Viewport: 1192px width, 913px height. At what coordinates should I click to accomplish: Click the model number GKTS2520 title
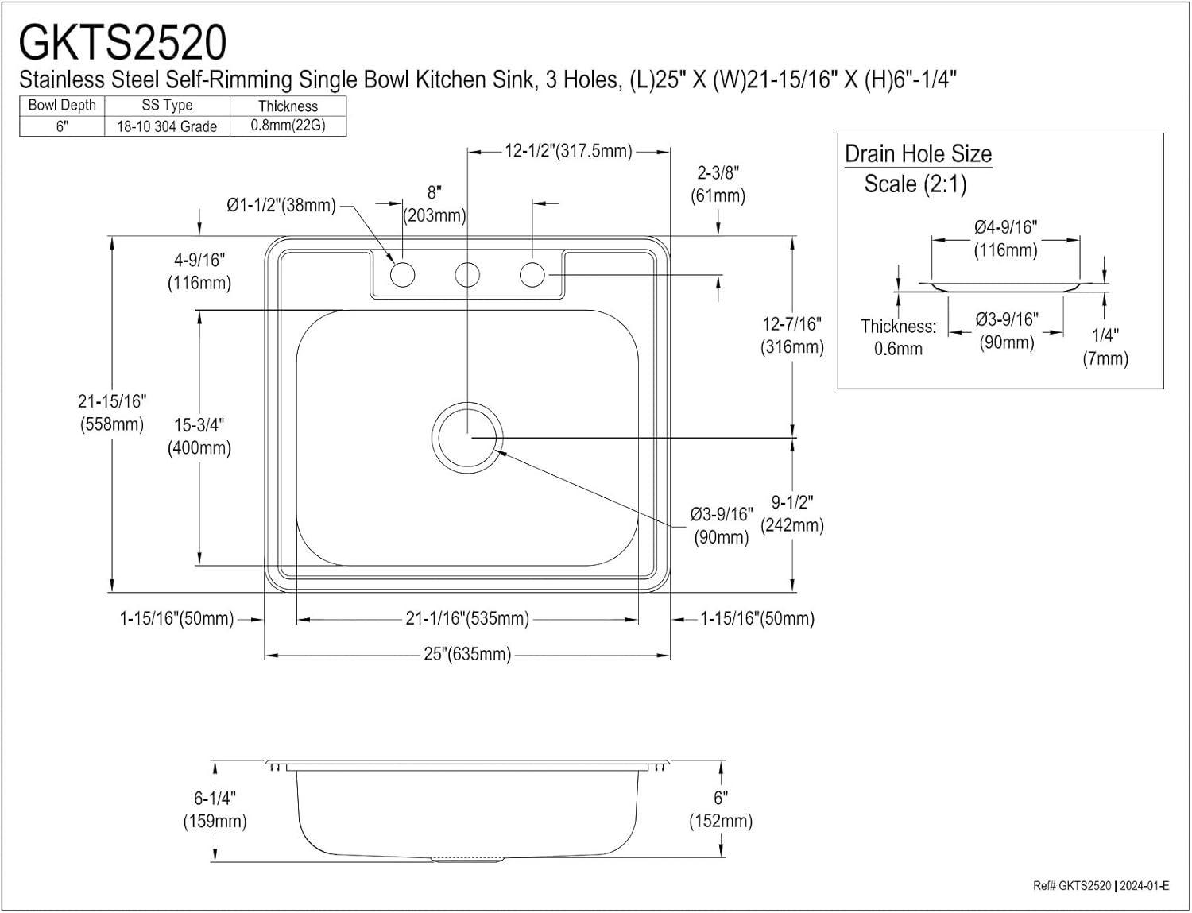click(122, 42)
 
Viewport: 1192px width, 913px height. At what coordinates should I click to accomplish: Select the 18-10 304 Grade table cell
click(167, 126)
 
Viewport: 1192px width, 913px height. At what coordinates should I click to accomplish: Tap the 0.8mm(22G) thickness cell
click(288, 126)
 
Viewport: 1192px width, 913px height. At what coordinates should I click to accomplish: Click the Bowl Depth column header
click(62, 105)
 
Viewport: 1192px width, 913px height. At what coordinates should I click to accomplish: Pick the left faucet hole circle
click(402, 275)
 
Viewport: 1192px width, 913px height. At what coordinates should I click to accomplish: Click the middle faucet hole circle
click(467, 275)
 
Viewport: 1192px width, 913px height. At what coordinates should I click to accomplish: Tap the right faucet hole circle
click(532, 275)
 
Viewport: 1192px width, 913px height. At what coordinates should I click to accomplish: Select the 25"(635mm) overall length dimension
click(467, 655)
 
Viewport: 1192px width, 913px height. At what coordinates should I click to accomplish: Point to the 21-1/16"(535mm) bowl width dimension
click(467, 618)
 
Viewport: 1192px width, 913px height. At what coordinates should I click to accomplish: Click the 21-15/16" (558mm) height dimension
click(112, 413)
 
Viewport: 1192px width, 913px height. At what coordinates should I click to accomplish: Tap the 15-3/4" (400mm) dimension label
click(199, 436)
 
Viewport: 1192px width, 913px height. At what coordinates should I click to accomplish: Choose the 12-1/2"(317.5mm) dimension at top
click(568, 151)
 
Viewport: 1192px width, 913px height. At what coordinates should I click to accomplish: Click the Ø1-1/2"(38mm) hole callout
click(281, 205)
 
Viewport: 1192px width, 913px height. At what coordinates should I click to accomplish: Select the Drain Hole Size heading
click(918, 154)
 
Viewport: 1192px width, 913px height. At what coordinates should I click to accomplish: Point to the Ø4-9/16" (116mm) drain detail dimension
click(1005, 238)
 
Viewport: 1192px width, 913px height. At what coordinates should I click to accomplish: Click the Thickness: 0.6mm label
click(898, 337)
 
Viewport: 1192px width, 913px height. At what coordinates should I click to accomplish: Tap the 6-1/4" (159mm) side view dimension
click(215, 810)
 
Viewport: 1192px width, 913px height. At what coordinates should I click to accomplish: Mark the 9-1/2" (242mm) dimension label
click(792, 513)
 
